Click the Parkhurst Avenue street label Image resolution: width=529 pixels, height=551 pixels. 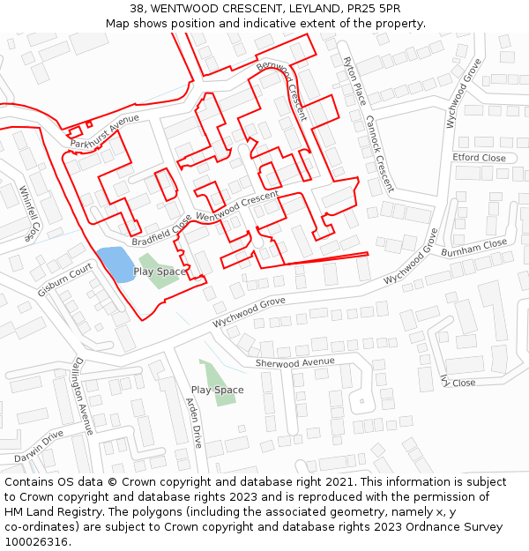coord(105,130)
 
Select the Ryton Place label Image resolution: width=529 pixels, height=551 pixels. coord(354,78)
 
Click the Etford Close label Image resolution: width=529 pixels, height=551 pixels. coord(479,158)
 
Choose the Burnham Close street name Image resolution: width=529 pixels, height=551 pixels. coord(474,248)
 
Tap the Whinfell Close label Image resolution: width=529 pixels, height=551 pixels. coord(29,212)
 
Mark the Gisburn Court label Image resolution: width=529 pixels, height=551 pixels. coord(64,279)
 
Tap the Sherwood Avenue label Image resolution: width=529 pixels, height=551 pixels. coord(295,362)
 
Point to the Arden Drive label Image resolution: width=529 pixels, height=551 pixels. coord(194,423)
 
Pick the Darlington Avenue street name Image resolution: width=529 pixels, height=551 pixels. coord(83,396)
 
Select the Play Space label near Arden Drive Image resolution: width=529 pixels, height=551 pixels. coord(217,390)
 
